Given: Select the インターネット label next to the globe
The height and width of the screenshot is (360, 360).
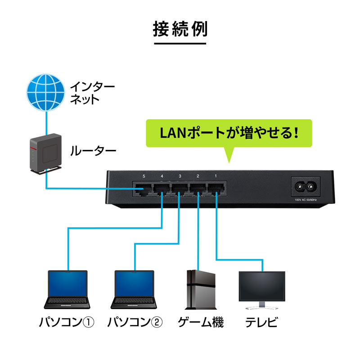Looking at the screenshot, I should [92, 93].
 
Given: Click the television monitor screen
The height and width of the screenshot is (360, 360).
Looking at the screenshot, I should [261, 287].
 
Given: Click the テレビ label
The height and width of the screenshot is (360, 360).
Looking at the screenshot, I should [261, 322].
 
